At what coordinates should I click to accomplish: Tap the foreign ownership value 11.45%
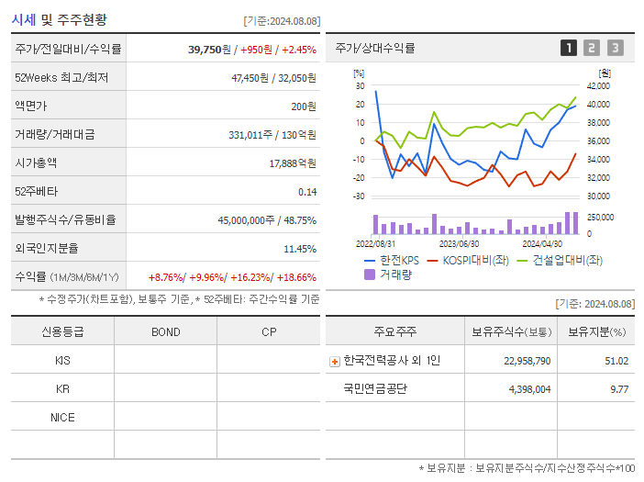(x=299, y=248)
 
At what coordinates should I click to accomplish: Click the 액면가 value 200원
(x=304, y=106)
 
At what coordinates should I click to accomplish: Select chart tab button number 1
(x=569, y=48)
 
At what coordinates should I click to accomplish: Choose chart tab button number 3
(x=615, y=48)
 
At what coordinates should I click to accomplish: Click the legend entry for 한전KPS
(x=391, y=260)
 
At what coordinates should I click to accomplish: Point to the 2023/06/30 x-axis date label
(x=459, y=244)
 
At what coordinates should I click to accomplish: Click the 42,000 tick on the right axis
(x=597, y=85)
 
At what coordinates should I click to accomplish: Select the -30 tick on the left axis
(x=359, y=196)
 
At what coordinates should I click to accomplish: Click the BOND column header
(x=165, y=331)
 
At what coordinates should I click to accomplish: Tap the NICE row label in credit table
(x=62, y=417)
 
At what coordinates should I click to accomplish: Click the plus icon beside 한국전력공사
(x=335, y=361)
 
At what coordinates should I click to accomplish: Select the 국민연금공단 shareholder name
(x=374, y=388)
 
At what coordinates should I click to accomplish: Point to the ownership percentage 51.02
(x=616, y=361)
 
